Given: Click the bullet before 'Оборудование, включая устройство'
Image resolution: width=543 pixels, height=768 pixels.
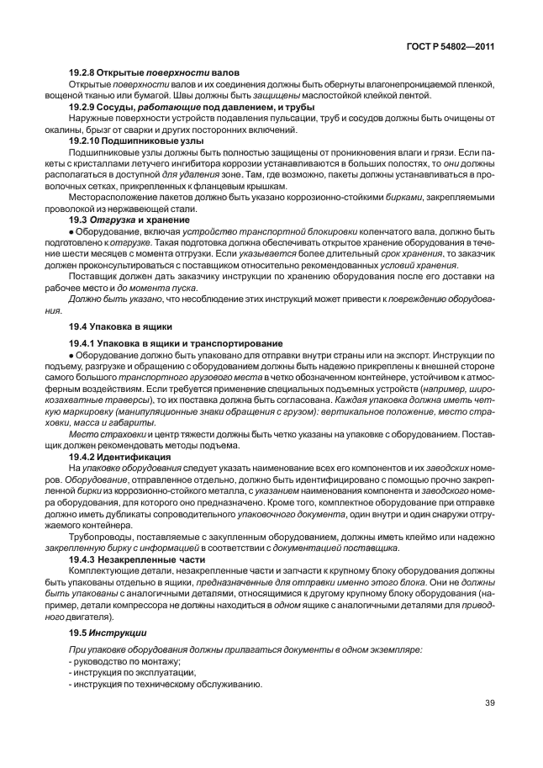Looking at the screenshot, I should tap(71, 232).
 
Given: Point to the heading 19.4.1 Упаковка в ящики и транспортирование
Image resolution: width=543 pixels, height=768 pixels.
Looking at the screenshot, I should tap(176, 343).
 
